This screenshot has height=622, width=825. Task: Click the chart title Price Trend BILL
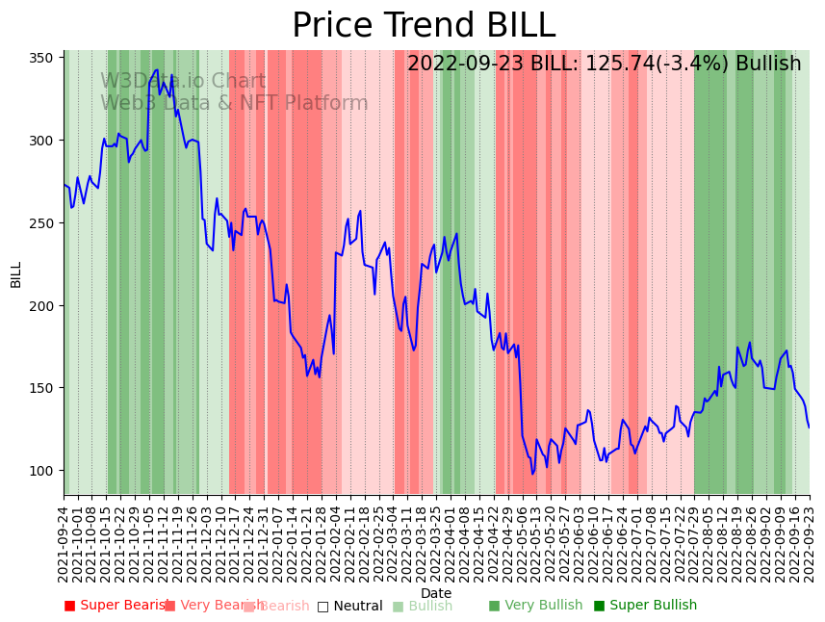click(x=424, y=26)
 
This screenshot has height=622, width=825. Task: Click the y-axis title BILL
click(x=16, y=274)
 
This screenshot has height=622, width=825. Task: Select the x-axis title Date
click(x=436, y=593)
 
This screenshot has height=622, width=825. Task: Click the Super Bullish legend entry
click(x=645, y=606)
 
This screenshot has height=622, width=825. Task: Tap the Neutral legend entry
click(x=356, y=607)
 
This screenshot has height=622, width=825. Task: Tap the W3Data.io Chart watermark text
click(x=183, y=82)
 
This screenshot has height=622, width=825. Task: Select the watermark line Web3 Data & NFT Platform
click(x=234, y=103)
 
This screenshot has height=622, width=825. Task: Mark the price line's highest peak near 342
click(x=157, y=69)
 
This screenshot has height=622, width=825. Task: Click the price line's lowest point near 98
click(x=531, y=474)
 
